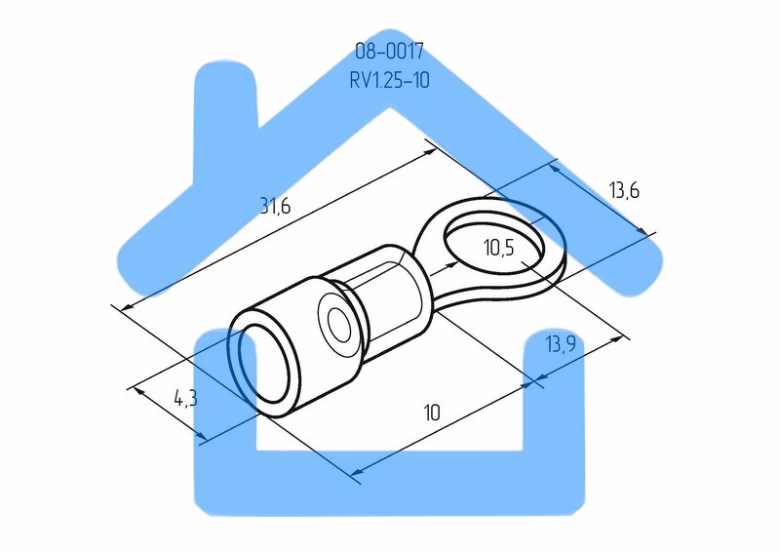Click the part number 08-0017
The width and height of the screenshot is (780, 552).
389,51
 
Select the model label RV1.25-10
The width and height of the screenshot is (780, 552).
389,80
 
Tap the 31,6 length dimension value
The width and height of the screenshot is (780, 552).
275,205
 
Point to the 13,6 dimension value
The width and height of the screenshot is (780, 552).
624,190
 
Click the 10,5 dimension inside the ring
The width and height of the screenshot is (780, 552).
499,248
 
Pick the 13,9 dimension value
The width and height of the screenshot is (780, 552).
561,344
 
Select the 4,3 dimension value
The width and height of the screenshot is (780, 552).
185,398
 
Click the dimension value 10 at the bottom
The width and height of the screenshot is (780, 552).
432,413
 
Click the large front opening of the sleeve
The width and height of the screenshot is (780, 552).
265,364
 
